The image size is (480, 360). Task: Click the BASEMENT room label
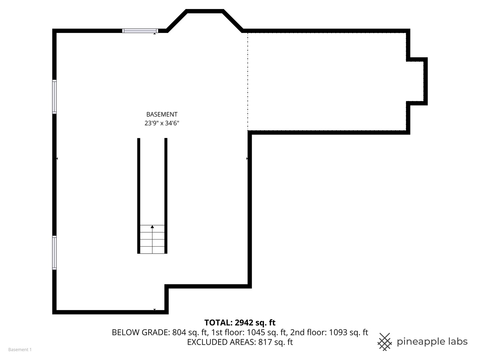tap(162, 114)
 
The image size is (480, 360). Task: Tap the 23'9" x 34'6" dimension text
tap(162, 123)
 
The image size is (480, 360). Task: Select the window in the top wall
tap(140, 31)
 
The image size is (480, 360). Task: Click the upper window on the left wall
tap(54, 97)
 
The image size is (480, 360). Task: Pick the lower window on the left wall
tap(54, 252)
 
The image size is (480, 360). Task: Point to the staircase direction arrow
tap(152, 227)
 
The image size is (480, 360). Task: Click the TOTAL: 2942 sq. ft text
tap(240, 323)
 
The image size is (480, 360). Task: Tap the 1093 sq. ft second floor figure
tap(348, 332)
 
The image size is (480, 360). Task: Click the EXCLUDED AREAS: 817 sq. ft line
tap(240, 342)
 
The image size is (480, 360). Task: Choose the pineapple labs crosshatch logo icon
tap(385, 342)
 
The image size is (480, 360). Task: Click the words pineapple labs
tap(432, 342)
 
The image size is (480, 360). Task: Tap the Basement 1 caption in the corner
tap(20, 350)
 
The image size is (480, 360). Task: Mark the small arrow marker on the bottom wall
tap(154, 310)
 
